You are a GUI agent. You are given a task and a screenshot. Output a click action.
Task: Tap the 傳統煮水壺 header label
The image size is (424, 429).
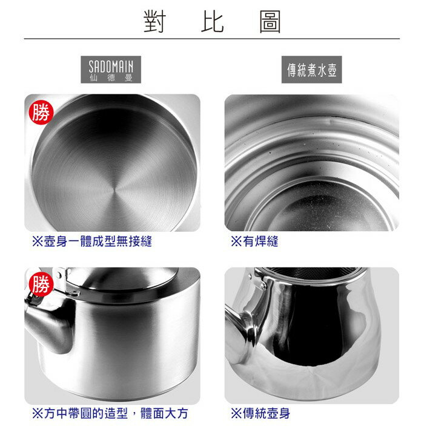312,70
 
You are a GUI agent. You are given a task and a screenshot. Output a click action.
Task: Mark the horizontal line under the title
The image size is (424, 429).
212,39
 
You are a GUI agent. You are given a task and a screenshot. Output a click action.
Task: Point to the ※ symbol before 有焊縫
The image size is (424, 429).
236,241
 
